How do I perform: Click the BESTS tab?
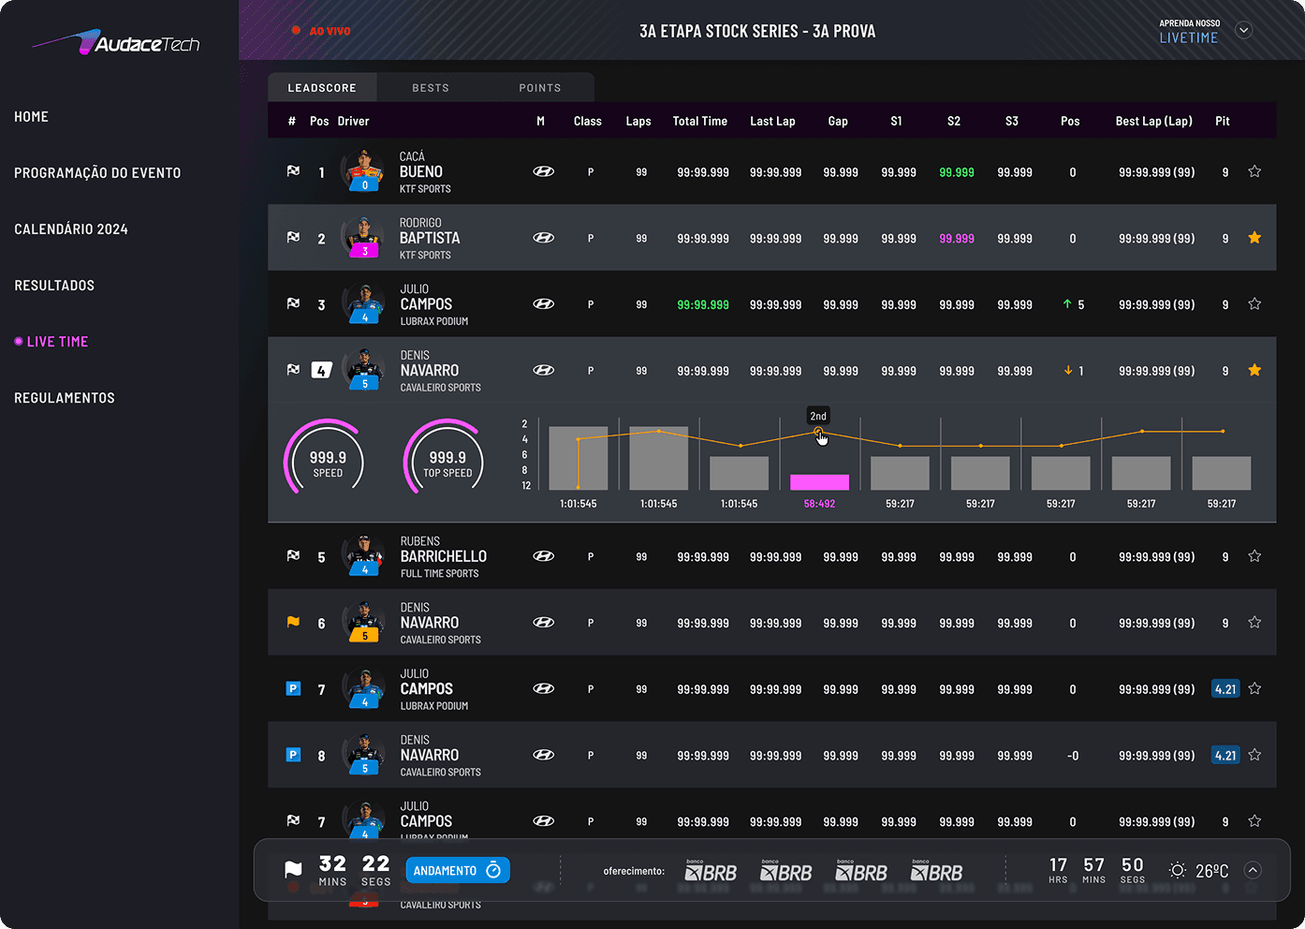(431, 88)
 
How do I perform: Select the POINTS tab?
(540, 88)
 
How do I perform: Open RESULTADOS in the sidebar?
(54, 286)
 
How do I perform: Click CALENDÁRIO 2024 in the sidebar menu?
(71, 229)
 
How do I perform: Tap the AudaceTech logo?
(116, 43)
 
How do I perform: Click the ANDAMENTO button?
(457, 871)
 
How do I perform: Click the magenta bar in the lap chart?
(819, 482)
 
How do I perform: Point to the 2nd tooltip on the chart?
(818, 416)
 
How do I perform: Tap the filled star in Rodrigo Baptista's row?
(1254, 238)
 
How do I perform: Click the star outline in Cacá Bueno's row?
(1254, 171)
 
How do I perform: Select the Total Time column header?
(699, 122)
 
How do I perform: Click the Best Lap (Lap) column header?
(1153, 122)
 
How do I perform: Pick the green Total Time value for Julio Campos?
(703, 305)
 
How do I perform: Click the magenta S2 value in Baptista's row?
(957, 239)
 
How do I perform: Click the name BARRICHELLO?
(444, 556)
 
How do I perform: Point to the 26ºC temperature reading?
(1211, 871)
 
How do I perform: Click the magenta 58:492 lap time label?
(819, 504)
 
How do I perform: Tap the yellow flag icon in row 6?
(293, 622)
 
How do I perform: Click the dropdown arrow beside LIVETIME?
(1244, 30)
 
